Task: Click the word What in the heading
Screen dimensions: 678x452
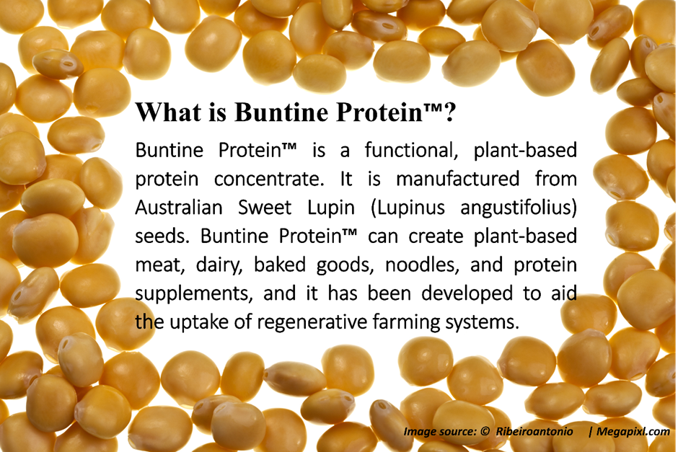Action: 168,112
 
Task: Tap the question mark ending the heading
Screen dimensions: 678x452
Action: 449,112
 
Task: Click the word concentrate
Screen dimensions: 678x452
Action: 268,180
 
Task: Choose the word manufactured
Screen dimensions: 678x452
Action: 457,179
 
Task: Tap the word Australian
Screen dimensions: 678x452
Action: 179,208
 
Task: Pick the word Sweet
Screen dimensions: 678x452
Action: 265,208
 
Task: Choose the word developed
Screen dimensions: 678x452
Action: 467,294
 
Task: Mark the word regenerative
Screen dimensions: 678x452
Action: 312,323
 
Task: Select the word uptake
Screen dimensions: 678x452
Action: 198,323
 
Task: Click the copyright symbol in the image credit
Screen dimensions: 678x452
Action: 485,431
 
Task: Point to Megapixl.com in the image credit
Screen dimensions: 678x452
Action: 633,431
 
